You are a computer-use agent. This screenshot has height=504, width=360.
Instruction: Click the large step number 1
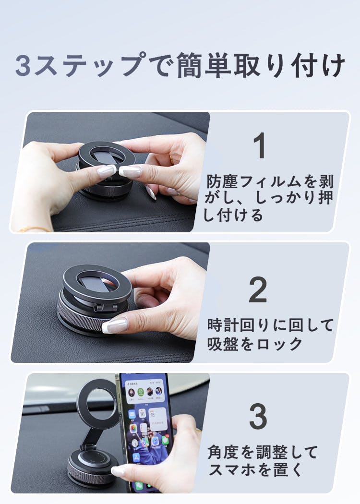point(260,145)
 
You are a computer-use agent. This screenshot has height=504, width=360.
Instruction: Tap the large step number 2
point(258,289)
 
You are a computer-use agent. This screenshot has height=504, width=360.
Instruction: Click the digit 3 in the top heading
point(23,66)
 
